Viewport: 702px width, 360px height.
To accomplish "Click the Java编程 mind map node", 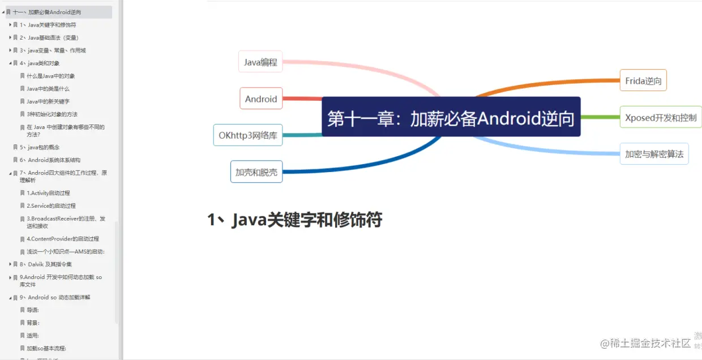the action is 260,62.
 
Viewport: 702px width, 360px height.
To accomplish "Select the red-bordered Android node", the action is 261,99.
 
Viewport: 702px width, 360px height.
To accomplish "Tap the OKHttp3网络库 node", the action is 248,135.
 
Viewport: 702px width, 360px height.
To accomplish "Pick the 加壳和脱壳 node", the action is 256,172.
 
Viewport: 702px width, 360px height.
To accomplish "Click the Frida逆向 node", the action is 643,81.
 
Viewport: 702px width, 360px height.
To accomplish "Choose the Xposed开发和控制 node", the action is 660,118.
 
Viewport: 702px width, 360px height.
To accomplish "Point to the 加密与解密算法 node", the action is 654,154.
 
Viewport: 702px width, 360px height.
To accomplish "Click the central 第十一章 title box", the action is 451,118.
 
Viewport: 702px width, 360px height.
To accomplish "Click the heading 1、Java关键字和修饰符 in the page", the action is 294,220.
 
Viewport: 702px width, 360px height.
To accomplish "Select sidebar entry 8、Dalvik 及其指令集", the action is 50,264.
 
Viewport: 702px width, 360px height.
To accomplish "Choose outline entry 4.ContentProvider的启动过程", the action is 62,239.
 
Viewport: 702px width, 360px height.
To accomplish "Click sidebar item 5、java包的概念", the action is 44,147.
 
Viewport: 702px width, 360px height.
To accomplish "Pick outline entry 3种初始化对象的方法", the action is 52,114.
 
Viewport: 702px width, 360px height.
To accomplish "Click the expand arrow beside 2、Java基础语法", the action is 10,37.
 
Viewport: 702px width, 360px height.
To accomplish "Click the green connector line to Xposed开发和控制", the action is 600,117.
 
